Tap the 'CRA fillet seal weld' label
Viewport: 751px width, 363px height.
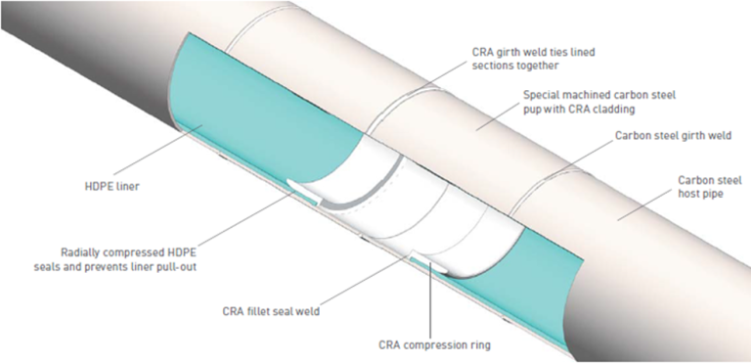tap(276, 313)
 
